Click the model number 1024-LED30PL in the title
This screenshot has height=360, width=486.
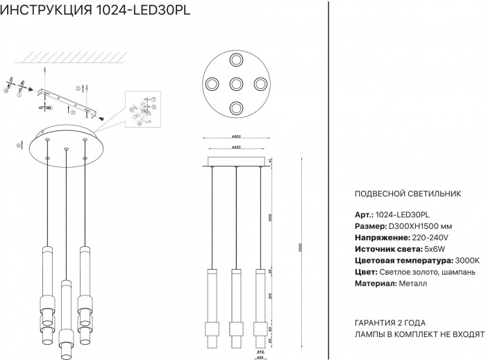coord(148,10)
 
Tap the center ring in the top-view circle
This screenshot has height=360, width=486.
coord(236,84)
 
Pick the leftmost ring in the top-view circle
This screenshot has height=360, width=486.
coord(211,84)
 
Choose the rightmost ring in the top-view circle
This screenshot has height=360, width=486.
coord(260,84)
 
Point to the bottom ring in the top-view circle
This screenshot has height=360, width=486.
coord(236,108)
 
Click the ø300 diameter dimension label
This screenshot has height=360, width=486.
coord(236,137)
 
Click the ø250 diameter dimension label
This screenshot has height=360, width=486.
coord(236,148)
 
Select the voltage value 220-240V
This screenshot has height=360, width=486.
coord(403,237)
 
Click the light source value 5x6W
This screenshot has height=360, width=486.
coord(410,248)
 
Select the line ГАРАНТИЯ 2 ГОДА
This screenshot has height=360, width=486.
coord(389,323)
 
